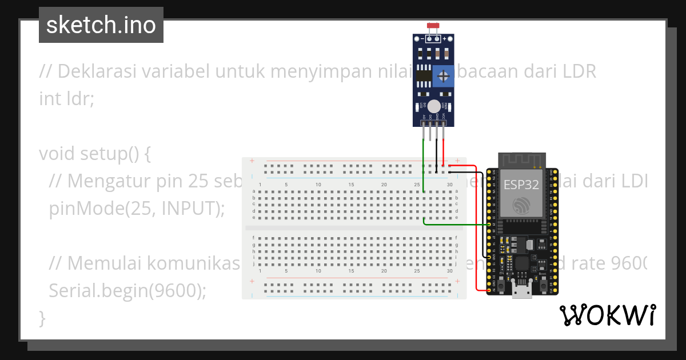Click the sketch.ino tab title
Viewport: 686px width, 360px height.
tap(101, 25)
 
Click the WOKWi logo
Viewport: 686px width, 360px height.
tap(607, 315)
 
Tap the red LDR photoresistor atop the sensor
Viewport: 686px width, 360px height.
tap(433, 26)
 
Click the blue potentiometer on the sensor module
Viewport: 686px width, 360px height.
tap(441, 77)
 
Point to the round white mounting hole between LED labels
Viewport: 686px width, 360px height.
tap(434, 106)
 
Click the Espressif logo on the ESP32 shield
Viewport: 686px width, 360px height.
tap(521, 206)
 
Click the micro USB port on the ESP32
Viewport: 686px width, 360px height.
tap(521, 293)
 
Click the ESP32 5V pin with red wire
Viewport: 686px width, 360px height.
tap(489, 291)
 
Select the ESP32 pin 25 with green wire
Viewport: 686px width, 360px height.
tap(489, 225)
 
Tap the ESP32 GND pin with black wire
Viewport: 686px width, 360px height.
tap(489, 258)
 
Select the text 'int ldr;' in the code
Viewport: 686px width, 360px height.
tap(66, 98)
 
